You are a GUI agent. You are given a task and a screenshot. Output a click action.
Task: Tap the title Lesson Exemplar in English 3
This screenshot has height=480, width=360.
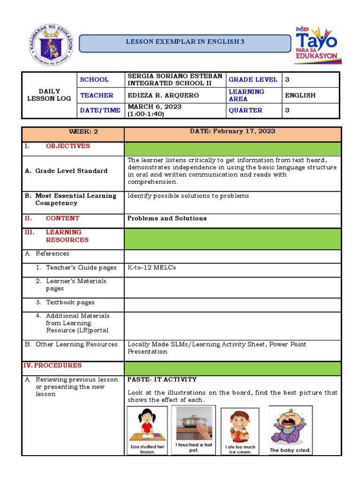coord(185,42)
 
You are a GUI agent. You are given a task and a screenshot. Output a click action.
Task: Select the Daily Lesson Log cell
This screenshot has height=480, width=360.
coord(49,95)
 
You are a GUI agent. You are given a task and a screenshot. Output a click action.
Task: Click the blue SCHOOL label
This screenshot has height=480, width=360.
coord(94,80)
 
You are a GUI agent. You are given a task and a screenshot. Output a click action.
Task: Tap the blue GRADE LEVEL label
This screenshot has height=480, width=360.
coord(253,80)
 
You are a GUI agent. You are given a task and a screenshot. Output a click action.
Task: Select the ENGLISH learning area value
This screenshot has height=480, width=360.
coord(300,96)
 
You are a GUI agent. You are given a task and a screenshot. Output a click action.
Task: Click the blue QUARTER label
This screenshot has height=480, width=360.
coord(246,111)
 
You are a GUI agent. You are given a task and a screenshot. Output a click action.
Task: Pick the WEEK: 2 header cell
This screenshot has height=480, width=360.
coord(73,132)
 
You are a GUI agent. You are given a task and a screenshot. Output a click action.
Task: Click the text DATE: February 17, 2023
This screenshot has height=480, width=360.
coord(232,132)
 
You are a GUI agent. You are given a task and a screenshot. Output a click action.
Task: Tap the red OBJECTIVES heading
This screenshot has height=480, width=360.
coord(67,146)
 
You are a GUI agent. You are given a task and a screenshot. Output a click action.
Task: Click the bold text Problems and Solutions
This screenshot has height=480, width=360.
coord(167,218)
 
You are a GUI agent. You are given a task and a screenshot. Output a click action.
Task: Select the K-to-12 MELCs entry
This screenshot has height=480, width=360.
coord(151,268)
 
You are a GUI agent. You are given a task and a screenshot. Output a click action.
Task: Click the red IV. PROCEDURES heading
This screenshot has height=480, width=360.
coord(52,366)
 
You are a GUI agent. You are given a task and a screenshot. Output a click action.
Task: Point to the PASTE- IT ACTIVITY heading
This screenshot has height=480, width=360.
coord(162,380)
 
